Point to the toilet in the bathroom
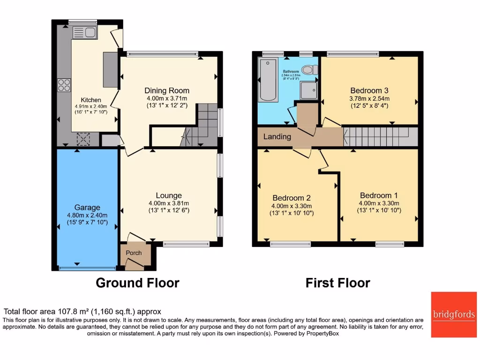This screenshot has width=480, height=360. [309, 70]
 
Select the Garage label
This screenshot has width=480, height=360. [87, 208]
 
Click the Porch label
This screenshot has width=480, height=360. [134, 253]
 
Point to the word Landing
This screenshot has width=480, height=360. [277, 137]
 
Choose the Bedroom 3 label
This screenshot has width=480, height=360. [369, 90]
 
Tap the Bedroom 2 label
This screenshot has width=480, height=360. [292, 198]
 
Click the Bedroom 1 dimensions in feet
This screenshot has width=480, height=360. [379, 210]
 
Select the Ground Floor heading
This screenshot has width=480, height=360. [137, 283]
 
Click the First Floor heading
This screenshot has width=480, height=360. [337, 283]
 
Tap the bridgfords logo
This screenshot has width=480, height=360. [453, 315]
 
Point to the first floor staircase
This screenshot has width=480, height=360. [380, 137]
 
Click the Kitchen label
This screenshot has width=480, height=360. [91, 100]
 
